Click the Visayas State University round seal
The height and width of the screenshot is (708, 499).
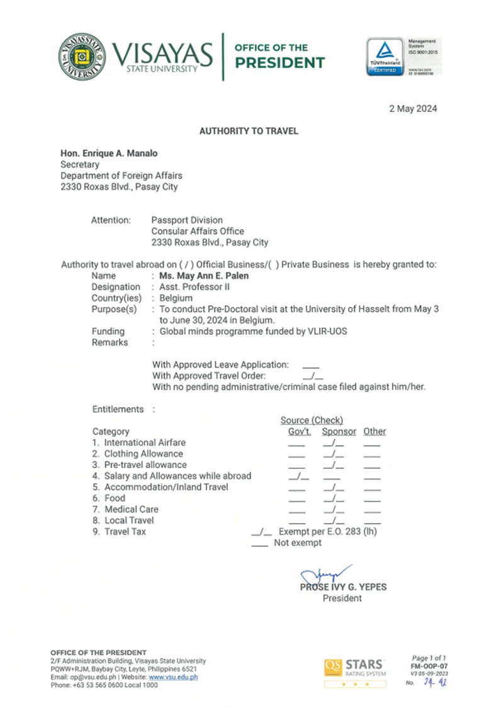point(82,57)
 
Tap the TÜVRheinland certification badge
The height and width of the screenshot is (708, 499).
point(385,57)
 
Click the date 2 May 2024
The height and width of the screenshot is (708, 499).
point(412,109)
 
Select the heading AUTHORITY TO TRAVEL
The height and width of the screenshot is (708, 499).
point(249,132)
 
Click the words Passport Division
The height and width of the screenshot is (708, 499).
point(187,220)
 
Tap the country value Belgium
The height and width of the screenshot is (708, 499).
point(176,298)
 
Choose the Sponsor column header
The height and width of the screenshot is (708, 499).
point(339,431)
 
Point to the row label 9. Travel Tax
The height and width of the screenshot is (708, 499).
point(119,531)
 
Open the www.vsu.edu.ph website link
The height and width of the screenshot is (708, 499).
point(173,677)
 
